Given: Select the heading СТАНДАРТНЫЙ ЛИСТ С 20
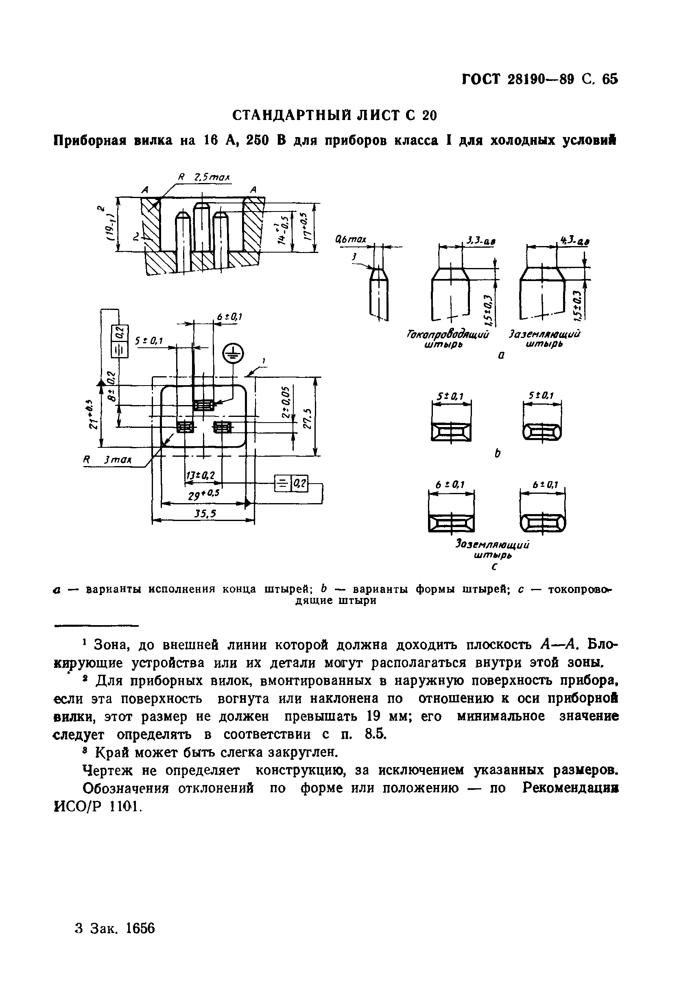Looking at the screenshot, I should [x=335, y=116].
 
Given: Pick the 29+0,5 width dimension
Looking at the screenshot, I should [x=204, y=494].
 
